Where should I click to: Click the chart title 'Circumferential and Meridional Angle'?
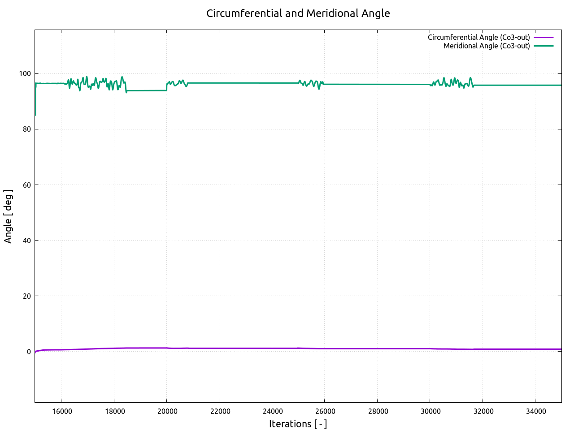(x=298, y=13)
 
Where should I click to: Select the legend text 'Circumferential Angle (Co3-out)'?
(x=478, y=37)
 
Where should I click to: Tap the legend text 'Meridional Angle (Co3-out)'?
(x=487, y=46)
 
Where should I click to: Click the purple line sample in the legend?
(x=544, y=37)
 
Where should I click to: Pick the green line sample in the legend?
(x=544, y=46)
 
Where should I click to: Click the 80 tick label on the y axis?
(x=27, y=129)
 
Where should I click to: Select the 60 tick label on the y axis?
(x=27, y=185)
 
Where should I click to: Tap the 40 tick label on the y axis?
(x=27, y=241)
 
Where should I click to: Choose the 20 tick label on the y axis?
(x=27, y=296)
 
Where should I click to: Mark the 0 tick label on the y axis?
(x=29, y=352)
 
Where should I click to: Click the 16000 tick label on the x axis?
(x=61, y=412)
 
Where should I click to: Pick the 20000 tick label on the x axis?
(x=167, y=412)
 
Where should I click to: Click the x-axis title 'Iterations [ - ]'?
(x=298, y=424)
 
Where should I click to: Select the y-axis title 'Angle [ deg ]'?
(x=8, y=216)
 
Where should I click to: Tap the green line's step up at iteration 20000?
(x=167, y=86)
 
